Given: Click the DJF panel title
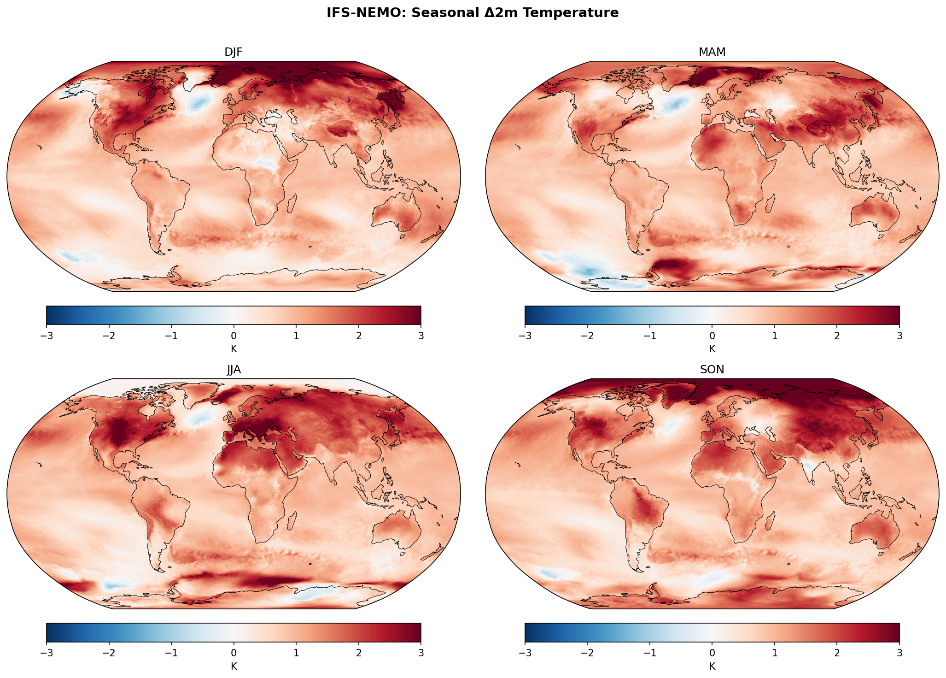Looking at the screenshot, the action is coord(234,52).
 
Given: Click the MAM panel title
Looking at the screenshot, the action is coord(712,52).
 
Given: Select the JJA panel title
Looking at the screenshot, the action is coord(234,370).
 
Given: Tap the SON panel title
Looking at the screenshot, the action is coord(712,370).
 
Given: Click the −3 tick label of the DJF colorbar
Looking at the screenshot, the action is coord(47,336).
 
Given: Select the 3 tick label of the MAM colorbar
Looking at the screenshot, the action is coord(899,336).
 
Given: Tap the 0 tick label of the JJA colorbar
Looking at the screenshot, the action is coord(234,653).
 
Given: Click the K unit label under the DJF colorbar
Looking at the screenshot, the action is coord(234,349).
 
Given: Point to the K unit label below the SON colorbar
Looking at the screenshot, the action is coord(712,666).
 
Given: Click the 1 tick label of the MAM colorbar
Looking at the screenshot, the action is coord(775,336).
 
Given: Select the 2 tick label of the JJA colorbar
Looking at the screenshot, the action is coord(358,653).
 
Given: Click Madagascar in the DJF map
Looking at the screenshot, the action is coord(291,203).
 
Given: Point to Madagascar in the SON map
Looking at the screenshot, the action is coord(770,521).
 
